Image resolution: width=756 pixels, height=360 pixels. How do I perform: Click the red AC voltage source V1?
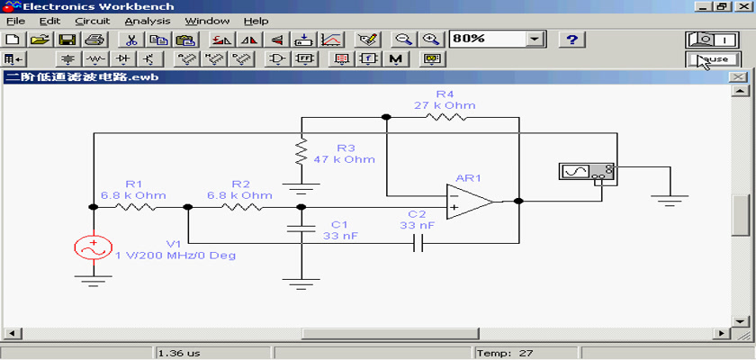click(x=94, y=247)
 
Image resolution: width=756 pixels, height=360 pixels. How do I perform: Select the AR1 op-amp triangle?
click(x=470, y=202)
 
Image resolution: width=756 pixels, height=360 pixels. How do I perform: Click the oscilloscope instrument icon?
click(x=586, y=172)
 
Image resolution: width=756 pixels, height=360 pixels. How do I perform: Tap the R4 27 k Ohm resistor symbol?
click(x=445, y=117)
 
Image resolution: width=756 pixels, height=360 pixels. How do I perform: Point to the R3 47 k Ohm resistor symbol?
click(x=301, y=151)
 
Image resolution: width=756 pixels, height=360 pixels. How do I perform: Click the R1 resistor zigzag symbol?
click(x=135, y=207)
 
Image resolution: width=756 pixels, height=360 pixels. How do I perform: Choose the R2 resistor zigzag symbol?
click(x=242, y=207)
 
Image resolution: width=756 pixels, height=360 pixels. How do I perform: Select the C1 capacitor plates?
click(x=301, y=228)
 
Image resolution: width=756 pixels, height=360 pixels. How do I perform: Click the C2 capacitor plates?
click(x=418, y=243)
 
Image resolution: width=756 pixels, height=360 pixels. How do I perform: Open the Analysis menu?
click(x=148, y=22)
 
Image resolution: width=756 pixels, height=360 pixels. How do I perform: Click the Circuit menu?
click(x=93, y=22)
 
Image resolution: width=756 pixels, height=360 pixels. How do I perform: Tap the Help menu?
click(x=256, y=22)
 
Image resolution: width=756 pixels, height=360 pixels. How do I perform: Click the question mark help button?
click(x=572, y=39)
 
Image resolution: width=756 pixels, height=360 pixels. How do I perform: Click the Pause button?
click(x=713, y=59)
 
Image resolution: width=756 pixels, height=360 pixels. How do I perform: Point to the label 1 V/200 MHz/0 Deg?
click(x=175, y=256)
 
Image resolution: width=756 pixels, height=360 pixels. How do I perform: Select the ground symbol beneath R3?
click(x=301, y=187)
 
